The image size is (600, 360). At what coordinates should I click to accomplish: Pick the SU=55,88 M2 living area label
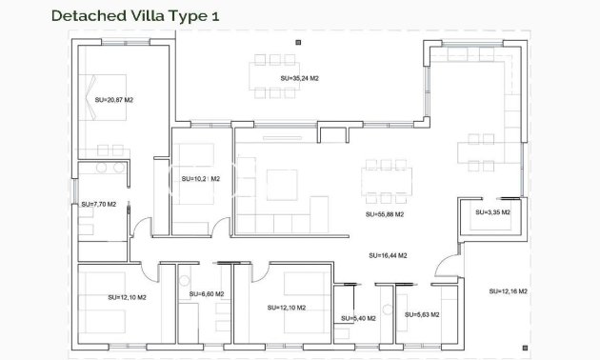[385, 215]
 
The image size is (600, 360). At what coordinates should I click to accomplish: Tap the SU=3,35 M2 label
[491, 213]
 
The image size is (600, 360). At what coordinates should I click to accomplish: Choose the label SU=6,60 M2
[206, 294]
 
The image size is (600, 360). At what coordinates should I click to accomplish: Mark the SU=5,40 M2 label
[358, 318]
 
